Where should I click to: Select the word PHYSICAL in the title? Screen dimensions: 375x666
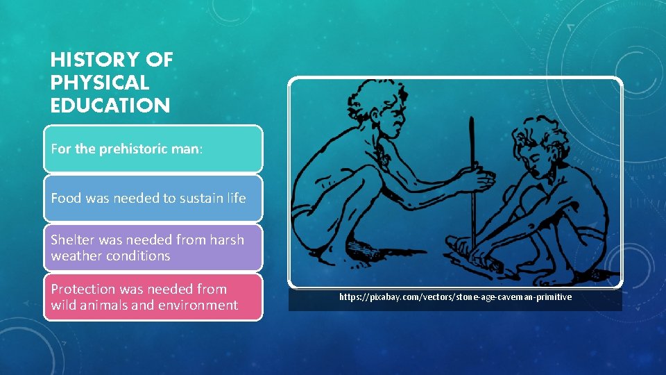[100, 83]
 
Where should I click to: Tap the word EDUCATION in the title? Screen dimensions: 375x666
[110, 106]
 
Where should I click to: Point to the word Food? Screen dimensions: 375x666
[66, 198]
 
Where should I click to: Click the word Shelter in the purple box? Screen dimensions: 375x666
[73, 240]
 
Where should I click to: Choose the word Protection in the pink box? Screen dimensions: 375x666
[83, 289]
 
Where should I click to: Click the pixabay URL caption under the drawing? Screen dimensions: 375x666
[455, 297]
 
